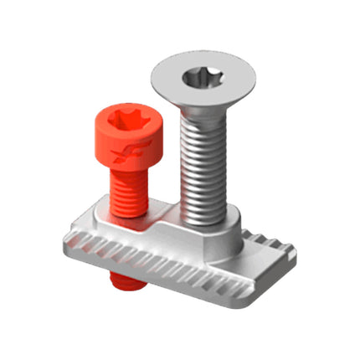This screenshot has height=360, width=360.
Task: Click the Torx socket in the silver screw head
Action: point(205,80)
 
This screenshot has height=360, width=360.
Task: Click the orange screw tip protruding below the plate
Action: point(123,284)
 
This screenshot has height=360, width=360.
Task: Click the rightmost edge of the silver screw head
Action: point(261,80)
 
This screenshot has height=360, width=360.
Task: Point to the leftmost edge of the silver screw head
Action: point(151,77)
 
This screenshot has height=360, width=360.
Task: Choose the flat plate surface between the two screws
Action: point(163,219)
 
